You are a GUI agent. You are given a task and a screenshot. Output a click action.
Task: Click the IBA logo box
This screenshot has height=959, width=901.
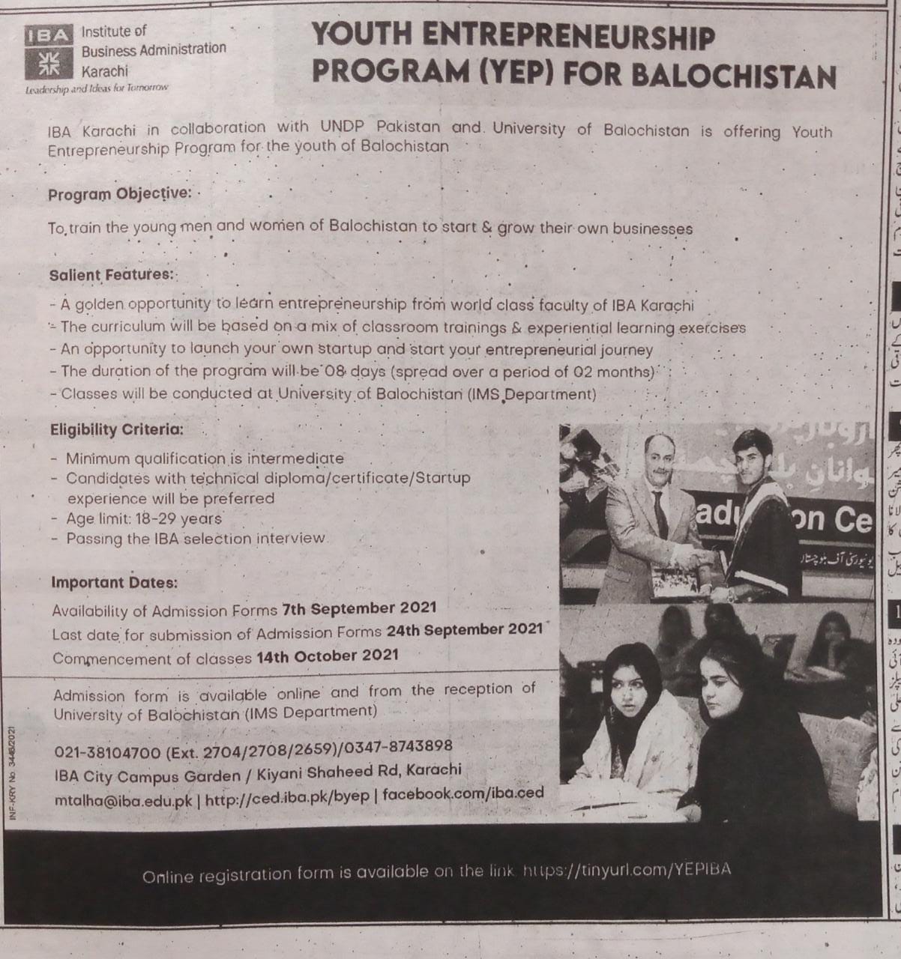coord(49,52)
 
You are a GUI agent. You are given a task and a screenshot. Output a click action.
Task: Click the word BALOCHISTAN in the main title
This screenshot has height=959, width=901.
coord(739,76)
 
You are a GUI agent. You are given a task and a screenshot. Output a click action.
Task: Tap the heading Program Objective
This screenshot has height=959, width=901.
coord(119,194)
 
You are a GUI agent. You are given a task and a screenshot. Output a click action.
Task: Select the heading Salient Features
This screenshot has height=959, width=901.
coord(111,275)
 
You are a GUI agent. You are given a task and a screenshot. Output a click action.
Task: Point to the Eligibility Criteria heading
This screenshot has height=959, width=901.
coord(116,430)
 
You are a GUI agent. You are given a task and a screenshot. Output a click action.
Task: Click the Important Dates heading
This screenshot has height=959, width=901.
coord(115,561)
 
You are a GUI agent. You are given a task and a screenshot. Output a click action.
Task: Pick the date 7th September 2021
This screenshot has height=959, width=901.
coord(359,608)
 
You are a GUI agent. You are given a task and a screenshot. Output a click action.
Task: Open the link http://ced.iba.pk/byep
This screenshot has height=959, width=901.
coord(288,798)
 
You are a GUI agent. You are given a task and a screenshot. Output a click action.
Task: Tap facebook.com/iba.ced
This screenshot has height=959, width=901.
coord(463,793)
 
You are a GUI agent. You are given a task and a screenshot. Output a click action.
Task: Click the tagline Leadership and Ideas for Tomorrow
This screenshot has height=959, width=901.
coord(97,88)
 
